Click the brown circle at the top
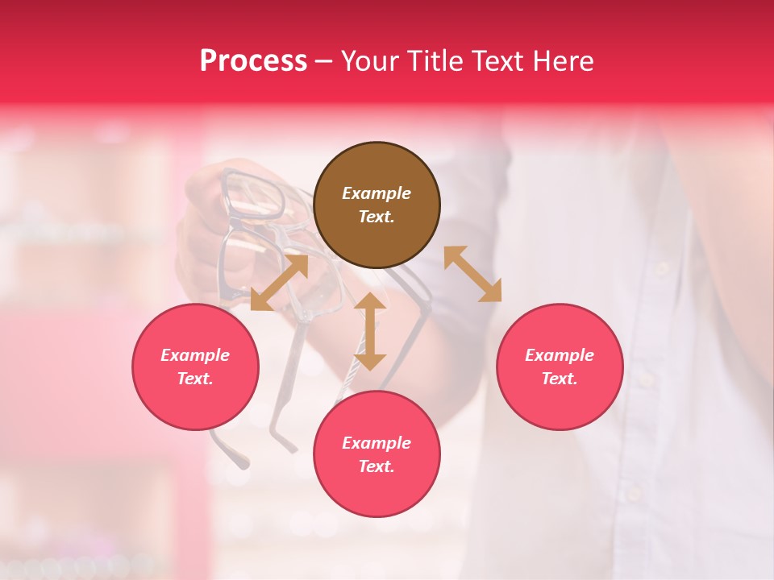377,205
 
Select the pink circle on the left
195,367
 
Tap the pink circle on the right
560,367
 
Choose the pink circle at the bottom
377,454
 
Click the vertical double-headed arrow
370,331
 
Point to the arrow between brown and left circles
279,282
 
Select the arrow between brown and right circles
472,274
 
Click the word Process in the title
253,60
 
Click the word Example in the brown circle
377,193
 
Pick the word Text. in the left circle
195,379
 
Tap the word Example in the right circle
560,355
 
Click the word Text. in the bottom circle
377,466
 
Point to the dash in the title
324,61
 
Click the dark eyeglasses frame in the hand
252,197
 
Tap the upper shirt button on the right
663,267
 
